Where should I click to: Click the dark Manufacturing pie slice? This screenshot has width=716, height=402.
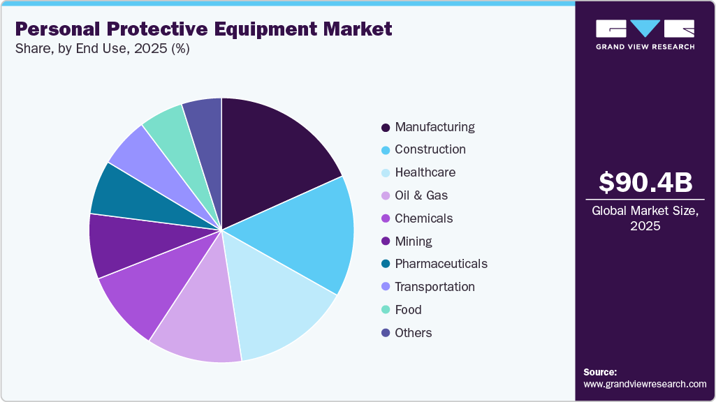[272, 157]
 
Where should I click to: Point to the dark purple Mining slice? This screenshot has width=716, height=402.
[126, 244]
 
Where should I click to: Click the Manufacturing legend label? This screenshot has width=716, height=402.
[434, 127]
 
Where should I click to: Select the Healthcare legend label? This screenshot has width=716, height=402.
[425, 172]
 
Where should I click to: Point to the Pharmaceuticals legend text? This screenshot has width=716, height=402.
[441, 264]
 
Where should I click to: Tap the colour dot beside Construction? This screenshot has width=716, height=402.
[386, 150]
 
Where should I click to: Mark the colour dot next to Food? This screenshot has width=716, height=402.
[386, 310]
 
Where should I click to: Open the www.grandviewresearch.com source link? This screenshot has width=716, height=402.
[645, 384]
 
